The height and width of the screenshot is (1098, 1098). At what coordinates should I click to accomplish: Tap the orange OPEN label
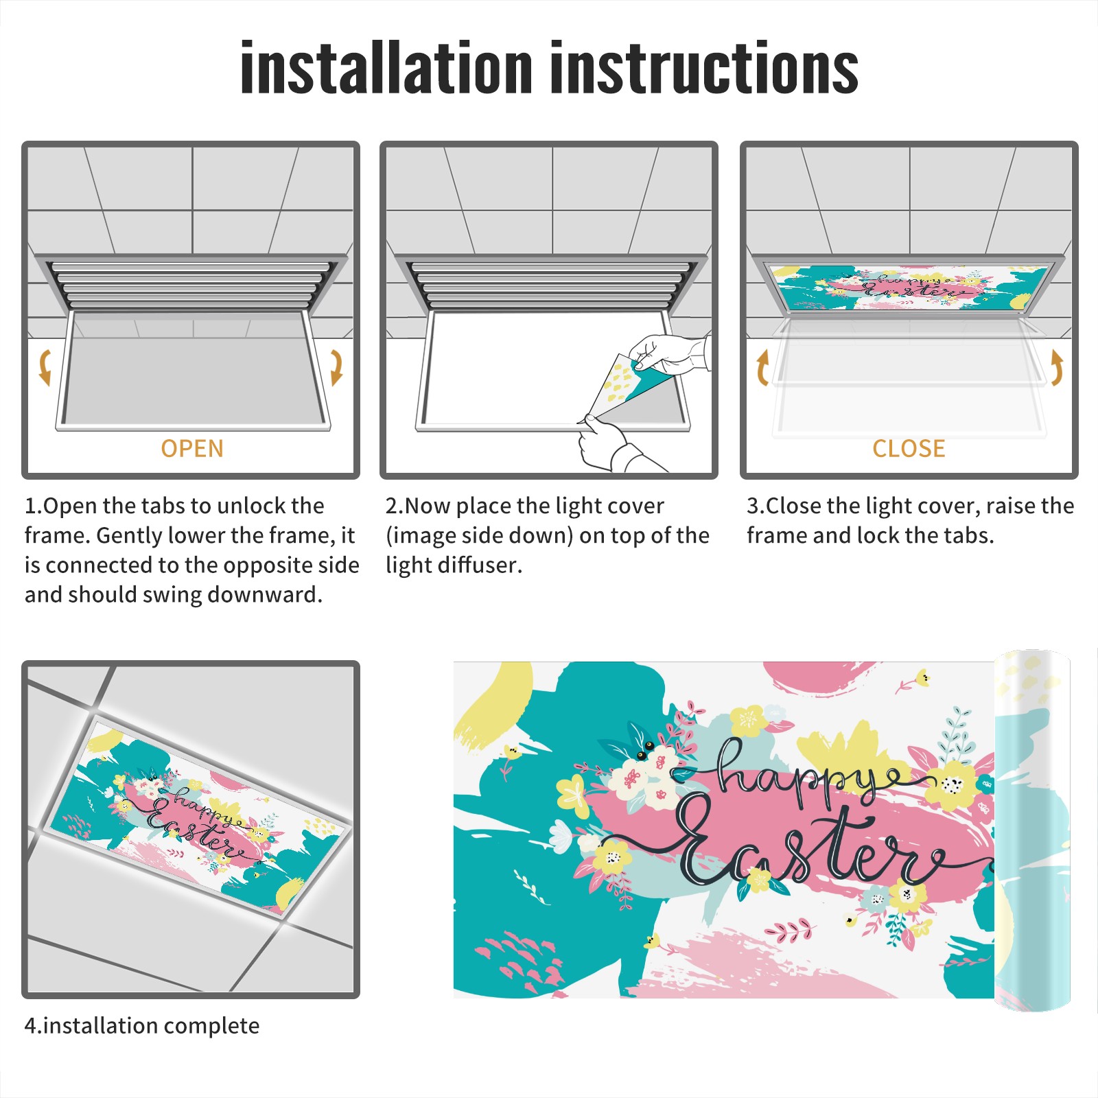coord(192,449)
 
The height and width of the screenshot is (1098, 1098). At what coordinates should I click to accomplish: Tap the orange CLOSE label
coord(909,449)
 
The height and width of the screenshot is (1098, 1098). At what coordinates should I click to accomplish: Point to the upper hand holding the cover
coord(669,353)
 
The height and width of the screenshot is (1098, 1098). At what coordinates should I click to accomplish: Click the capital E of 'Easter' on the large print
coord(707,841)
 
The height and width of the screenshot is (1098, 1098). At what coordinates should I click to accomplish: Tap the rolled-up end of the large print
coord(1032,830)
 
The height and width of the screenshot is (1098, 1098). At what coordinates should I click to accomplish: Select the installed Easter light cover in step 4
coord(199,817)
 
